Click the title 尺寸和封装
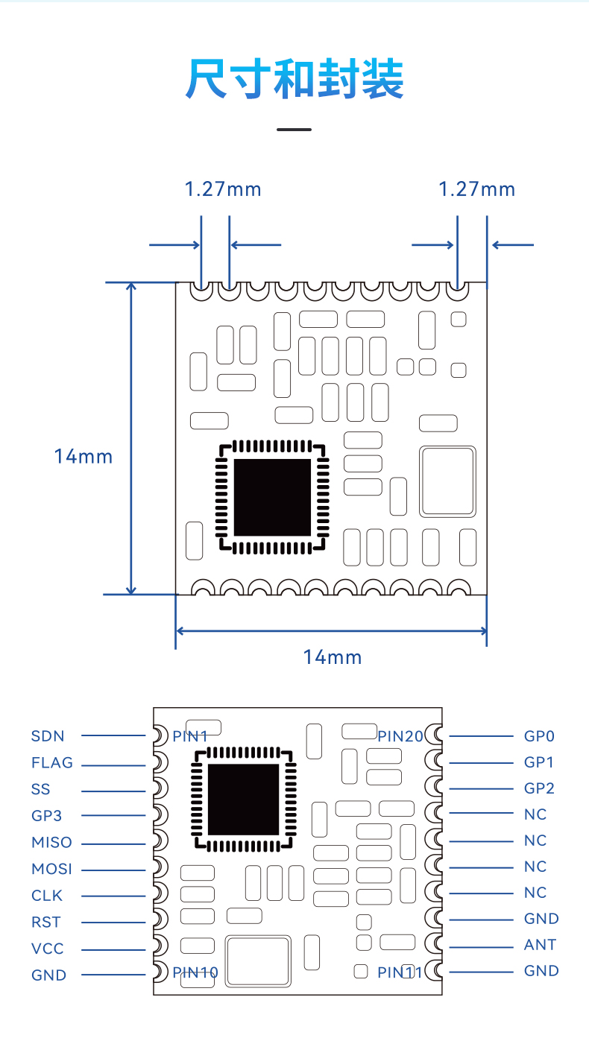click(294, 78)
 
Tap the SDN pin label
click(48, 736)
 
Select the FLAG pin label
click(52, 762)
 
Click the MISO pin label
click(51, 842)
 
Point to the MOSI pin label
click(51, 868)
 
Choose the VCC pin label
click(47, 948)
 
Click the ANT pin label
click(540, 944)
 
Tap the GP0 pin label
click(539, 736)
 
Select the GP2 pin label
click(539, 788)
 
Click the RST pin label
click(46, 922)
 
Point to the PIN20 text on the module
click(400, 736)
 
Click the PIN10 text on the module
click(195, 972)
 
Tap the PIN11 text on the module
click(400, 972)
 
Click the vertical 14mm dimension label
click(84, 457)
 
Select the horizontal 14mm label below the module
click(332, 657)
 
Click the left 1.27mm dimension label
click(223, 189)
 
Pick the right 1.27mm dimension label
click(476, 189)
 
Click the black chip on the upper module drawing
click(272, 497)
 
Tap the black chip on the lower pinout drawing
click(244, 800)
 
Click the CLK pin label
click(47, 895)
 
